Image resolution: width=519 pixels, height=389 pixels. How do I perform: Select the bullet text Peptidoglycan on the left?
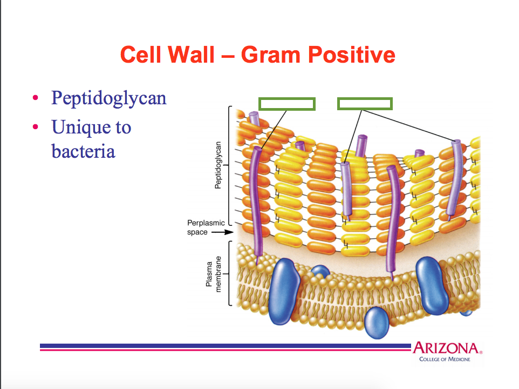click(x=108, y=98)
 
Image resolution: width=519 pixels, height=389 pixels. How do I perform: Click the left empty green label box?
click(x=286, y=104)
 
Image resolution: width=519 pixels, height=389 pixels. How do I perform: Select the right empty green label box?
click(x=365, y=103)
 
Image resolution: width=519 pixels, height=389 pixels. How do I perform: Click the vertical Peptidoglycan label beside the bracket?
click(x=218, y=165)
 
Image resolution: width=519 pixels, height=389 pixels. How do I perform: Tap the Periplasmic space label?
click(x=206, y=227)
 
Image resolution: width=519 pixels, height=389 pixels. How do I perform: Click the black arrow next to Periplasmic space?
click(x=222, y=233)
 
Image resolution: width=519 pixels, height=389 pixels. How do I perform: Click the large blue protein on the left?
click(x=284, y=290)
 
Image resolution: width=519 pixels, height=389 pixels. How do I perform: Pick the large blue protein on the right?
click(x=435, y=285)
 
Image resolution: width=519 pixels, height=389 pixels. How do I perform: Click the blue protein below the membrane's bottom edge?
click(x=377, y=323)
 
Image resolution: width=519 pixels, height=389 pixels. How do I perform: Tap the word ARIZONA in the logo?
click(x=445, y=348)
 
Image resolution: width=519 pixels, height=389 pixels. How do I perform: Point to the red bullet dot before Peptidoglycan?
click(x=36, y=99)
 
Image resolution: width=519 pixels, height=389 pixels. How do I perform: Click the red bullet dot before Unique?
click(x=36, y=128)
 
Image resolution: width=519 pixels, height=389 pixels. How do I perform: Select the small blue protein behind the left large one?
click(x=320, y=272)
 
